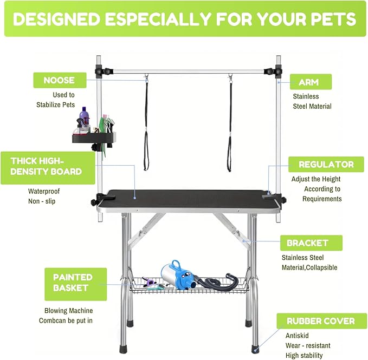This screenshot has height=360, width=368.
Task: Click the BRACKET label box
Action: [x=307, y=242]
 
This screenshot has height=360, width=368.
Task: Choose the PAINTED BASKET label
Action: [x=72, y=282]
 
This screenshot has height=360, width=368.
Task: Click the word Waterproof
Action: [x=44, y=191]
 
